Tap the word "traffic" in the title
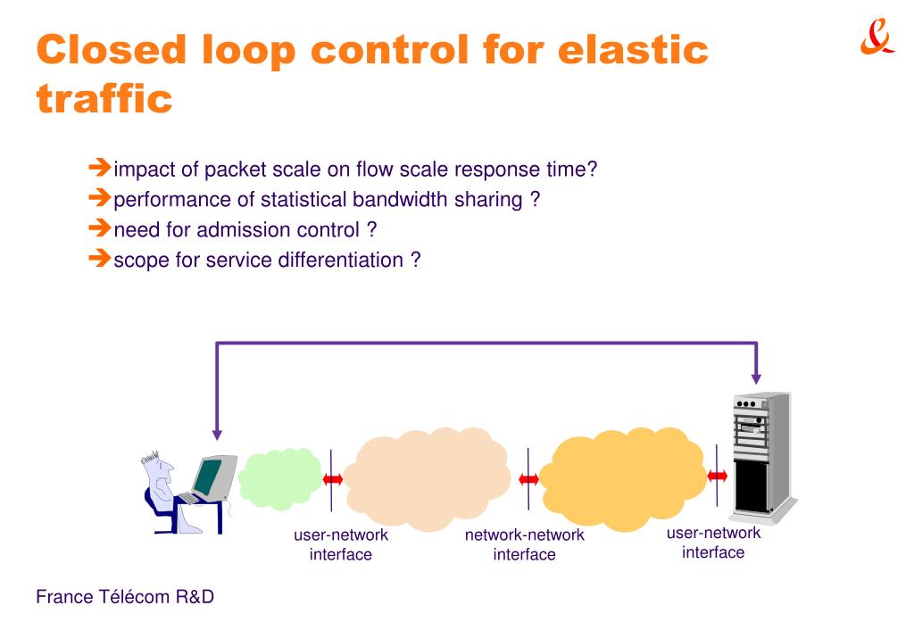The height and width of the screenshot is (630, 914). (x=104, y=98)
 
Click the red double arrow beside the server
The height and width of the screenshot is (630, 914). (x=718, y=476)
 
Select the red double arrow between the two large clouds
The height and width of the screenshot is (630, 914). (x=528, y=479)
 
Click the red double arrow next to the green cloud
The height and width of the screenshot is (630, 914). (x=332, y=479)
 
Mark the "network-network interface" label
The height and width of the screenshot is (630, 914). (x=525, y=544)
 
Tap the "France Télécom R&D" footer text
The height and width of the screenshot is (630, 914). (x=124, y=597)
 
